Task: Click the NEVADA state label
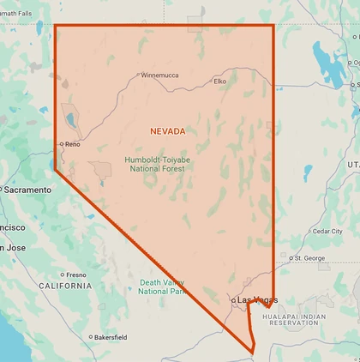(x=167, y=131)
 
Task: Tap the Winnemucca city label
(x=159, y=75)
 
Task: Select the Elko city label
(x=219, y=81)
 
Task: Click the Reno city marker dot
(x=61, y=144)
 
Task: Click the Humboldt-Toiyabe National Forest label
(x=158, y=164)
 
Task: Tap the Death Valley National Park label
(x=161, y=287)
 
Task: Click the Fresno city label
(x=76, y=275)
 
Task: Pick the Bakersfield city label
(x=110, y=337)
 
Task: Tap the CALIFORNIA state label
(x=64, y=286)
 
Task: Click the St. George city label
(x=309, y=257)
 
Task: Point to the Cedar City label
(x=327, y=231)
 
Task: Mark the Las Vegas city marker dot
(x=233, y=299)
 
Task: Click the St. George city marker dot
(x=291, y=257)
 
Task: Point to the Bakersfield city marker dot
(x=90, y=337)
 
